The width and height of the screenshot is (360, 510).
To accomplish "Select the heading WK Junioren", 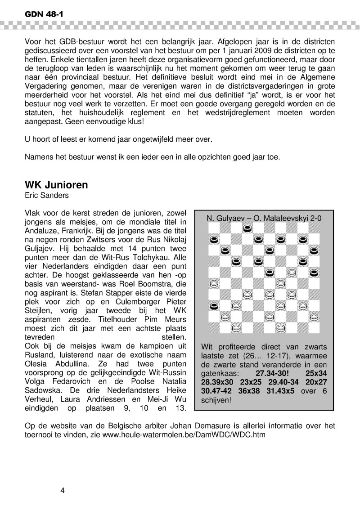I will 56,185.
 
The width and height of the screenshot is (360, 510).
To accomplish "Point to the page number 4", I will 63,490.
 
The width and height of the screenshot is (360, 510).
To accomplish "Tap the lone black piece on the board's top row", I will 247,228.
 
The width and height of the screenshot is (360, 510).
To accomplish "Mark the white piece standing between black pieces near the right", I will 292,273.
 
